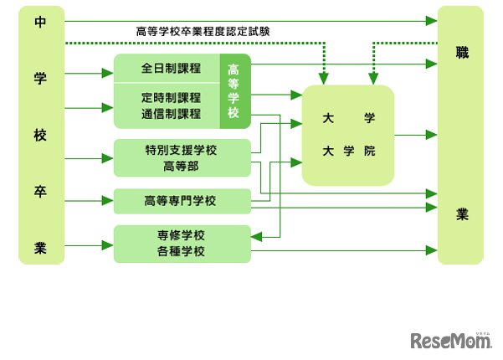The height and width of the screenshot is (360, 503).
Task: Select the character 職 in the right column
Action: pyautogui.click(x=461, y=53)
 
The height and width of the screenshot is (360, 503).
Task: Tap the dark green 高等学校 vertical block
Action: pyautogui.click(x=234, y=90)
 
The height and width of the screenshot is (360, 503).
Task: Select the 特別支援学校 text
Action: pyautogui.click(x=181, y=150)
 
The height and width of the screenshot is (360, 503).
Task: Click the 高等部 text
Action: pyautogui.click(x=181, y=166)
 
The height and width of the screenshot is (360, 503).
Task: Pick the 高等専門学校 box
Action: pyautogui.click(x=181, y=201)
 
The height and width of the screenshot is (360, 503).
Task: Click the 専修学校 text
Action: pyautogui.click(x=181, y=234)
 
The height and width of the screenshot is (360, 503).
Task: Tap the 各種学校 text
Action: pyautogui.click(x=181, y=250)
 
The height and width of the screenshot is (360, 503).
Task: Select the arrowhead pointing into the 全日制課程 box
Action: pyautogui.click(x=109, y=74)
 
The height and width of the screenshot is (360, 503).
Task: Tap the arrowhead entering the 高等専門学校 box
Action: pyautogui.click(x=109, y=201)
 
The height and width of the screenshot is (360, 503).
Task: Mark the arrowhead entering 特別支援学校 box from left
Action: pyautogui.click(x=109, y=157)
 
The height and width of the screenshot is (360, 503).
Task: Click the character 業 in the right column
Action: pyautogui.click(x=461, y=214)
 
